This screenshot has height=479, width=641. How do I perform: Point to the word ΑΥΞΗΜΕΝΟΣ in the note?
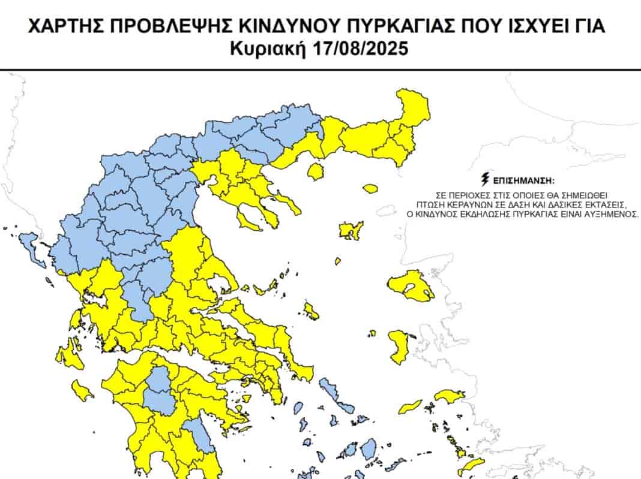coord(610,213)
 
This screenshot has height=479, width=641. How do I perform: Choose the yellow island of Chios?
coord(399,347)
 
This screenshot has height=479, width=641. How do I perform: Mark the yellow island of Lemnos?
coord(350,231)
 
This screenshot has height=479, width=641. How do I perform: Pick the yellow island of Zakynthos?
coord(82,391)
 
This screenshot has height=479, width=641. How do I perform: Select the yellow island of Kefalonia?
coord(69,357)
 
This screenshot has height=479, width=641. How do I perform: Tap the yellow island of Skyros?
coord(311,311)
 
